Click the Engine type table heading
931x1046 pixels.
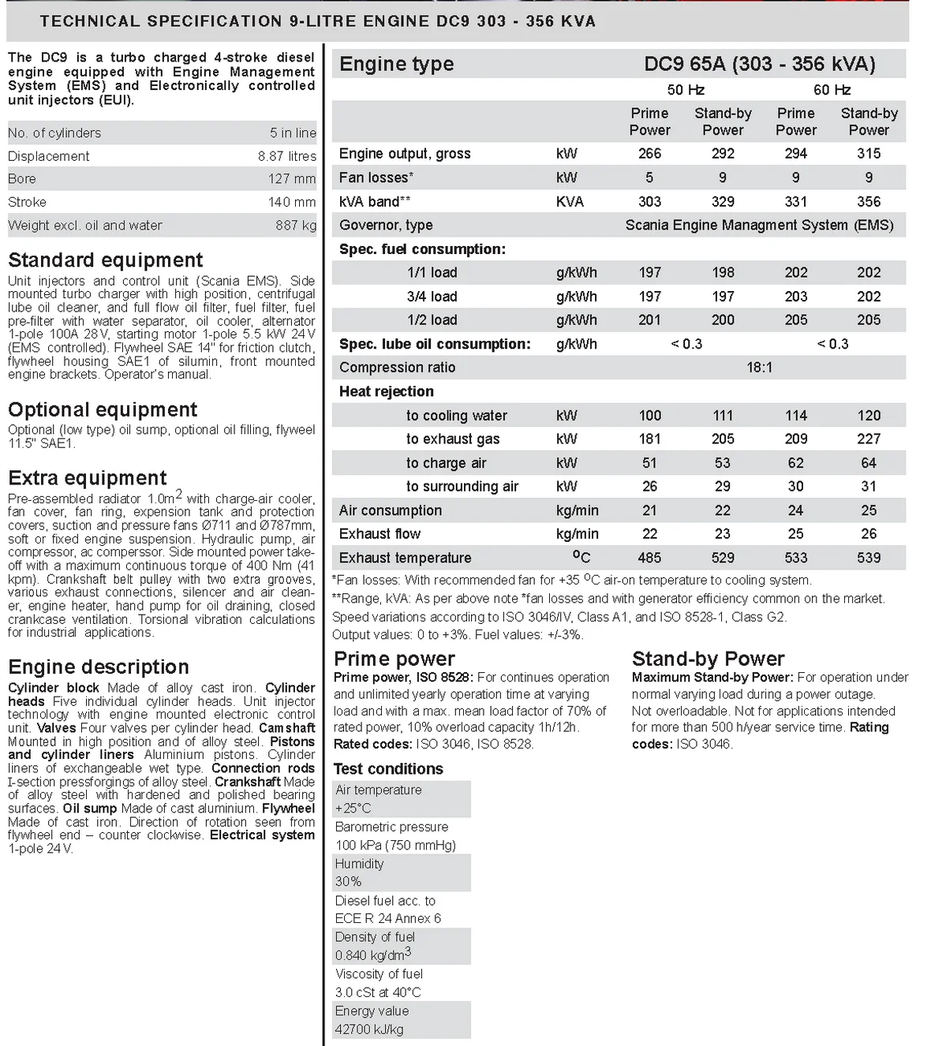396,64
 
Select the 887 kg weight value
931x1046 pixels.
296,226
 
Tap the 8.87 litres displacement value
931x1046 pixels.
286,156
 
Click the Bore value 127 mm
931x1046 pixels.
292,179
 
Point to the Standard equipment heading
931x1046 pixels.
105,260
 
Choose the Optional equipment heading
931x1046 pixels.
103,410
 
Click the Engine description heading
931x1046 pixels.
99,667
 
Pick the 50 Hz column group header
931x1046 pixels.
686,90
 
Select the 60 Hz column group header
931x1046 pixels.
832,90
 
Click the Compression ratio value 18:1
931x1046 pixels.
759,368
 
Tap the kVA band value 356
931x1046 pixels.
869,202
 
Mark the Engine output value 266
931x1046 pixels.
649,154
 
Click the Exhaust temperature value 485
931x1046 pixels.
649,558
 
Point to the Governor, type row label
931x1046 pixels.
386,226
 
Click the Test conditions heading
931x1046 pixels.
388,769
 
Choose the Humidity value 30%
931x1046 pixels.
348,882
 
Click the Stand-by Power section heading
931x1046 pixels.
708,659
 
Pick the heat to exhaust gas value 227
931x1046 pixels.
869,439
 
